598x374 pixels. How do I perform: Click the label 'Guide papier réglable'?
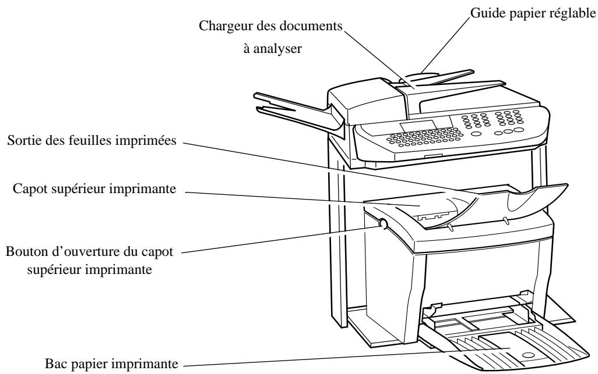click(x=533, y=12)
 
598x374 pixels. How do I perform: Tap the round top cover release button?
click(x=382, y=223)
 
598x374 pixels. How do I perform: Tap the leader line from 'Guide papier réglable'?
click(x=449, y=41)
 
